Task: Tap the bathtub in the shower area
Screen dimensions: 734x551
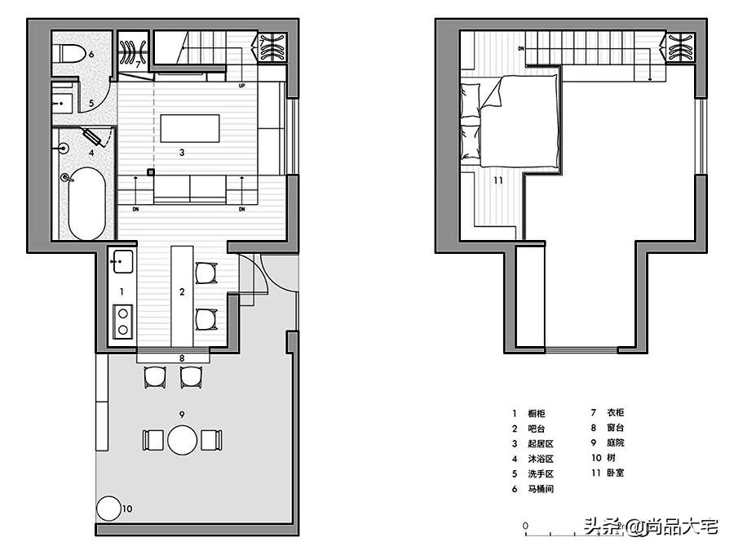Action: click(x=86, y=203)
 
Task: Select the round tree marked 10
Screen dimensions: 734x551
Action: click(x=108, y=509)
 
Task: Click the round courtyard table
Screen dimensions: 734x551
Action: click(x=183, y=440)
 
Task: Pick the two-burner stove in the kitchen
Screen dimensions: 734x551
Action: click(x=122, y=322)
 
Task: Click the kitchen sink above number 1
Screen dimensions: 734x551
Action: click(x=122, y=262)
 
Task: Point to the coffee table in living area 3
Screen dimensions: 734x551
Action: click(x=190, y=128)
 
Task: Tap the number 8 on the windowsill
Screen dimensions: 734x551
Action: click(x=182, y=358)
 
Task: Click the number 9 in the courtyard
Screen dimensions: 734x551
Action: click(x=182, y=415)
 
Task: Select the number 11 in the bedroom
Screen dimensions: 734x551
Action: click(x=497, y=180)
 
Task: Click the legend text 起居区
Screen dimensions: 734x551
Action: click(x=541, y=444)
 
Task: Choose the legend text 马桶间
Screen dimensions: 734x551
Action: click(x=541, y=489)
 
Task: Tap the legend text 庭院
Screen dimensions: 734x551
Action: click(x=616, y=442)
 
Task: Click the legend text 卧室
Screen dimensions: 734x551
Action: click(x=616, y=473)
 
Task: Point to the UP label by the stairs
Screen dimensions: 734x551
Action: click(x=241, y=86)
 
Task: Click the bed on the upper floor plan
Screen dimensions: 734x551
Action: click(x=511, y=121)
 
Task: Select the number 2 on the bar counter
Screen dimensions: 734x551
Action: click(x=182, y=292)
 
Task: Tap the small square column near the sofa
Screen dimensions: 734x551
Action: click(x=151, y=172)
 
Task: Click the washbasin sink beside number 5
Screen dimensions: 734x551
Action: click(x=61, y=103)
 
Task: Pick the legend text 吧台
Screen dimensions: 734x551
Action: click(x=537, y=429)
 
